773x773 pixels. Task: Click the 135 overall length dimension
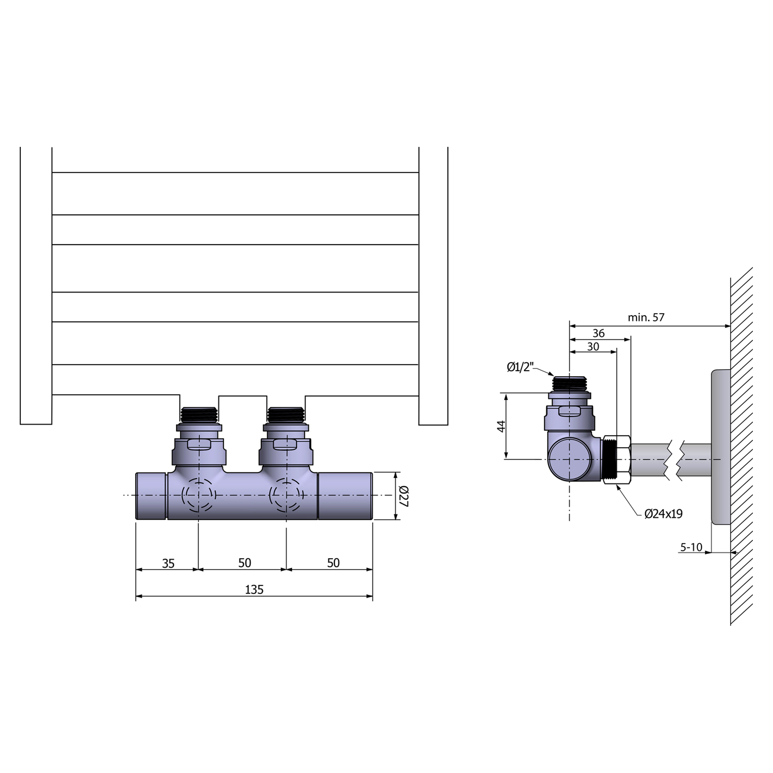click(x=254, y=590)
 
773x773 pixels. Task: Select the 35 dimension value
click(x=169, y=564)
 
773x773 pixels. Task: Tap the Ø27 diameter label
click(x=403, y=496)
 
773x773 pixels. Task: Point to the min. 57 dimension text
click(x=646, y=317)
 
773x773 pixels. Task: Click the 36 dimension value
click(x=599, y=333)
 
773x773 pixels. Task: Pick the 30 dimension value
click(x=593, y=346)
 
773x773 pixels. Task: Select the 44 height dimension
click(x=501, y=426)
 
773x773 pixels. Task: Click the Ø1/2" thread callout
click(x=520, y=367)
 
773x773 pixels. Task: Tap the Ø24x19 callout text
click(x=663, y=514)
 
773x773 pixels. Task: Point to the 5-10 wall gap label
click(x=691, y=547)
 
